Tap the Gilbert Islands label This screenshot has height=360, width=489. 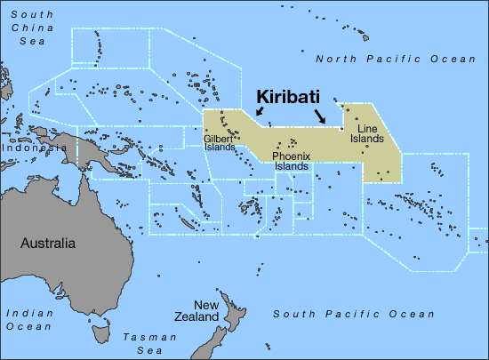[220, 143]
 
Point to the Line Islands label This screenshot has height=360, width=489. [365, 134]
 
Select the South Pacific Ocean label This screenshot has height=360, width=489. [354, 314]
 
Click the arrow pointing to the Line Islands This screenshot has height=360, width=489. [321, 116]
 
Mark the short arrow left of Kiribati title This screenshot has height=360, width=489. [260, 111]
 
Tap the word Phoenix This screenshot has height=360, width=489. [291, 156]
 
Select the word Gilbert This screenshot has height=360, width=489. [219, 139]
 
